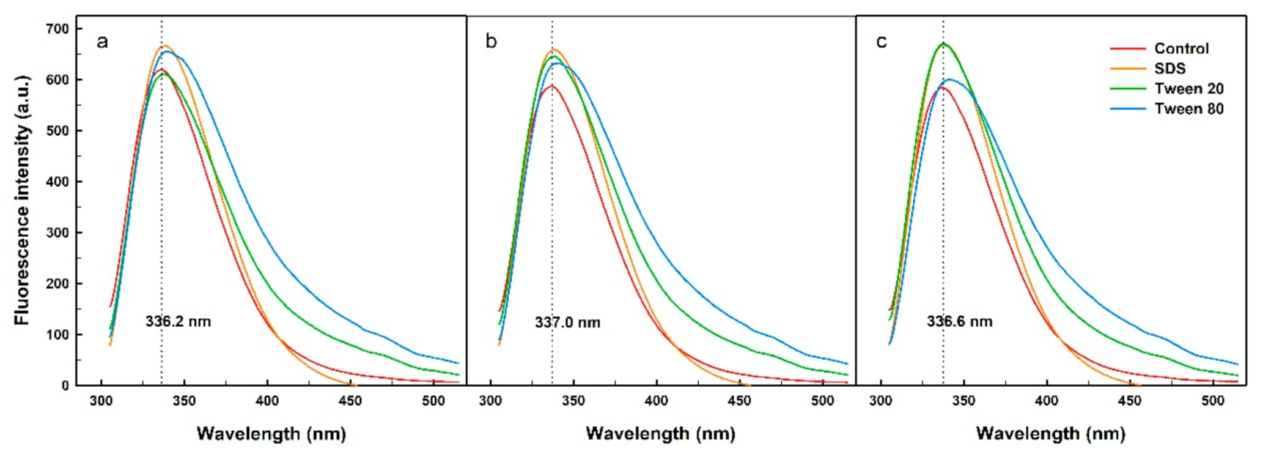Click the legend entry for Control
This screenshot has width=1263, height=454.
pyautogui.click(x=1180, y=48)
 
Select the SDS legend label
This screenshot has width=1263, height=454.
pyautogui.click(x=1169, y=69)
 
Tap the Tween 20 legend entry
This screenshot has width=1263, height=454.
pyautogui.click(x=1188, y=89)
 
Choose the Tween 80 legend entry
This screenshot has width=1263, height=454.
pyautogui.click(x=1188, y=109)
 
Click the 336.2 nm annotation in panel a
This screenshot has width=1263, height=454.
pyautogui.click(x=178, y=321)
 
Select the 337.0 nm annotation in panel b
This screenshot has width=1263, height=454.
pyautogui.click(x=567, y=322)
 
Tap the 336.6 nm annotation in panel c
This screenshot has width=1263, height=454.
pyautogui.click(x=959, y=321)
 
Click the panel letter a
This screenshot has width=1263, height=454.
pyautogui.click(x=102, y=42)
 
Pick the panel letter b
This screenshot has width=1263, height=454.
pyautogui.click(x=491, y=42)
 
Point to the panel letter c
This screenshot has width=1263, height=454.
pyautogui.click(x=881, y=42)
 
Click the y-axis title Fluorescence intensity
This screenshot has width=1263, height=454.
pyautogui.click(x=22, y=199)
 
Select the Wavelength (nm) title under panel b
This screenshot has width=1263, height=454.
pyautogui.click(x=660, y=434)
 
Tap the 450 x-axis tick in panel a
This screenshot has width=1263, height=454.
pyautogui.click(x=350, y=401)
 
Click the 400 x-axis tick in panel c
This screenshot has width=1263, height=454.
pyautogui.click(x=1047, y=401)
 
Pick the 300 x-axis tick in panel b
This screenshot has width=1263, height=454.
pyautogui.click(x=490, y=401)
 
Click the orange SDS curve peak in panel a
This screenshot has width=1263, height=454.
pyautogui.click(x=164, y=45)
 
